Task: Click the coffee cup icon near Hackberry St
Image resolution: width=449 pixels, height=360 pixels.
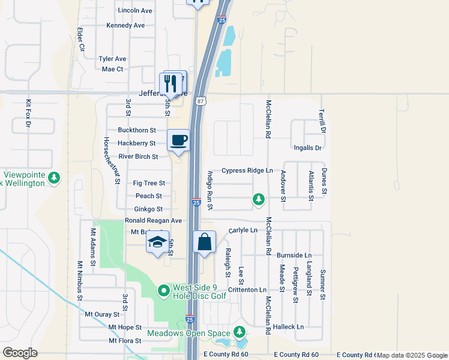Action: [178, 141]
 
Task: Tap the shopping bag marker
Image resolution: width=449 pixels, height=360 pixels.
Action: [205, 242]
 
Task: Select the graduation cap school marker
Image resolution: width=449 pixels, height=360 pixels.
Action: [158, 242]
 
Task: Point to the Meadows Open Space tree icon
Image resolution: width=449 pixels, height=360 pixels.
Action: [240, 331]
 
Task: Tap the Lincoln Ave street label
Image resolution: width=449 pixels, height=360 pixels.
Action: [136, 11]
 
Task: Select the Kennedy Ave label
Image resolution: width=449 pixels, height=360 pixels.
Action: [125, 26]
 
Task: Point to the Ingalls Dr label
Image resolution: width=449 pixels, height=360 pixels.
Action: [308, 148]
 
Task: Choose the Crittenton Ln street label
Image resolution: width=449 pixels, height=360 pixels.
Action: [246, 290]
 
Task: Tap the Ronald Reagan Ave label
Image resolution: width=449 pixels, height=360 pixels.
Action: [153, 221]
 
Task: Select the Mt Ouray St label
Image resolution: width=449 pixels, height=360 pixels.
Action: [104, 314]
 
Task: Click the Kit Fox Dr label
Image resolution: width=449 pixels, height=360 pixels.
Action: [28, 114]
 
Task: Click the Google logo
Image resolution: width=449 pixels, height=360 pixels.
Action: [20, 353]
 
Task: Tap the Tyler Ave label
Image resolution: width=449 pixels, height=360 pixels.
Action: [112, 59]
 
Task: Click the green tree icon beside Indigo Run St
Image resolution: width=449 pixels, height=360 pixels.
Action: [259, 199]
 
